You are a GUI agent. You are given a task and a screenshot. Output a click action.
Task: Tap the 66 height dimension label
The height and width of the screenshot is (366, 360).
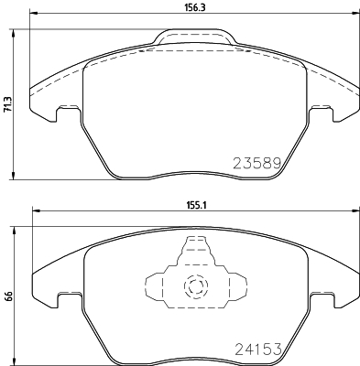(7, 296)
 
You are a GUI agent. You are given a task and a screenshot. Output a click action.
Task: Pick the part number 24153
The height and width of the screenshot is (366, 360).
(250, 347)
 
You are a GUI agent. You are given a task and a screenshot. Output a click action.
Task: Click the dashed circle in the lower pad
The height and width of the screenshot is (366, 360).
(193, 286)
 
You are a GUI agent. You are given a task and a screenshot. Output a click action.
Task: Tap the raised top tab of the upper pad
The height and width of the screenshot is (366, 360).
(192, 38)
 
